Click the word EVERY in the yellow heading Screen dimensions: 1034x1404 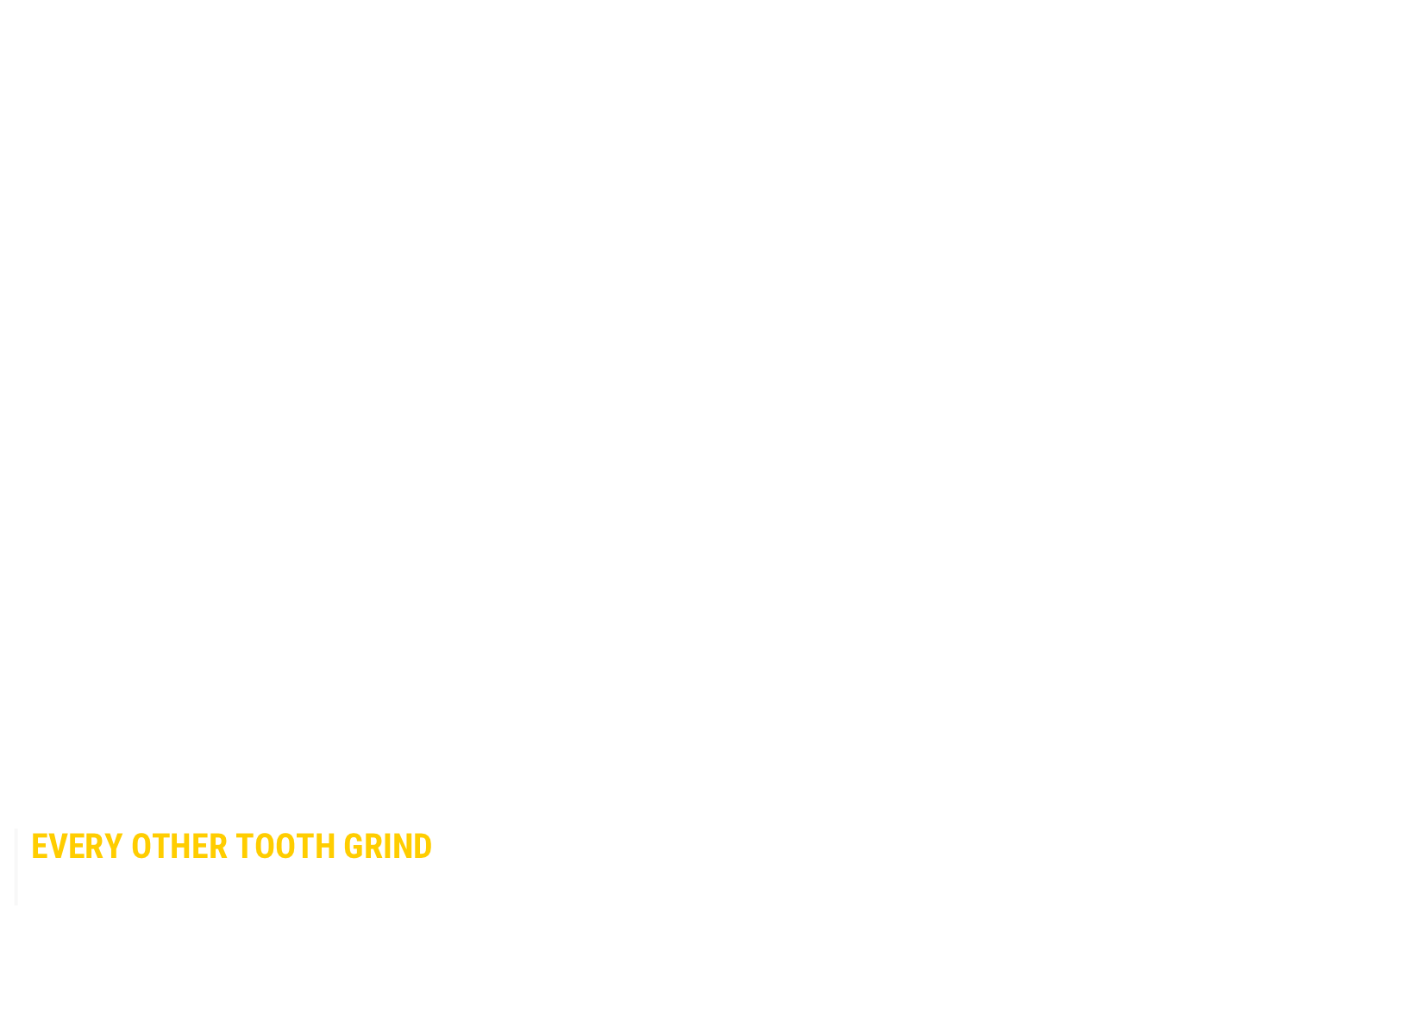point(77,847)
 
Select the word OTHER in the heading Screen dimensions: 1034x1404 point(179,847)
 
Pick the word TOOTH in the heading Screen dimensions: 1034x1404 point(285,847)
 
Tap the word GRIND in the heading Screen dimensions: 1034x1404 point(388,847)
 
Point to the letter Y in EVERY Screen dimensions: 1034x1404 point(114,847)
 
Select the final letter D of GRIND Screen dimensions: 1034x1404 point(423,847)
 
